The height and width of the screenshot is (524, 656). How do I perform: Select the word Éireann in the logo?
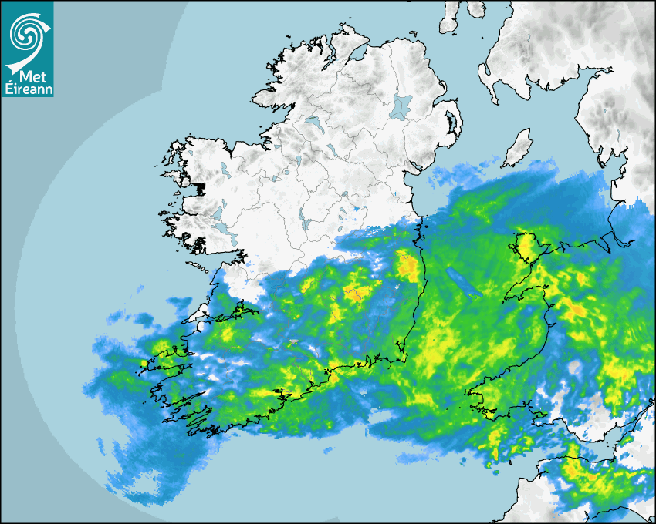pos(27,89)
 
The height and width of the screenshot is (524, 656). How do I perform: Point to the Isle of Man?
pos(517,148)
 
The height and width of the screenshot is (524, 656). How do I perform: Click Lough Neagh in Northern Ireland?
pos(401,106)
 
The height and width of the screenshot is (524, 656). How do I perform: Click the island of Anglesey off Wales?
pos(527,246)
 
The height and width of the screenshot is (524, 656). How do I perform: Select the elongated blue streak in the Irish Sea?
pos(464,283)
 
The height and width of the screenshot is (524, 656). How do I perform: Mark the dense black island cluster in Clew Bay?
pos(202,187)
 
